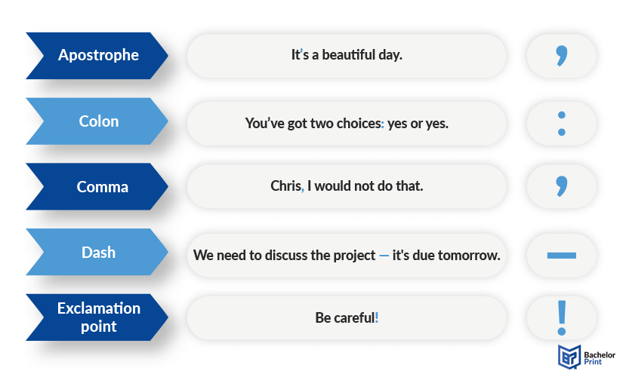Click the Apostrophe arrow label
point(97,56)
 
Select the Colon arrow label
point(97,121)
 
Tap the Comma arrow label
point(97,186)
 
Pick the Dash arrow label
point(97,252)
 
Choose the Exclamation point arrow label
point(97,317)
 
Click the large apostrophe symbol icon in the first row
point(562,55)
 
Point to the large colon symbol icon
point(561,124)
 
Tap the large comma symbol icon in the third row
point(562,185)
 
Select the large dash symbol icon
point(561,256)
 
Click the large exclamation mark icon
point(562,318)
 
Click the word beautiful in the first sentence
point(348,55)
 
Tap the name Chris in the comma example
point(285,185)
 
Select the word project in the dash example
point(354,256)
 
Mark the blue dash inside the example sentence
point(384,256)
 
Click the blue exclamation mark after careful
point(377,317)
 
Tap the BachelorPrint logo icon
point(569,357)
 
